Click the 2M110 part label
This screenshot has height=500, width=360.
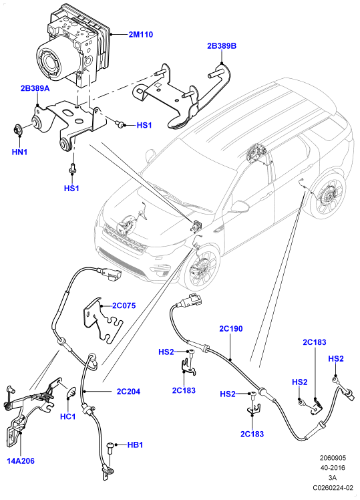pos(140,34)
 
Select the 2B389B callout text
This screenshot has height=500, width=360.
pos(222,46)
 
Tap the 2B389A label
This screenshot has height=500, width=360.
pos(35,88)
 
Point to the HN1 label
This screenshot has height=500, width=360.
pos(20,152)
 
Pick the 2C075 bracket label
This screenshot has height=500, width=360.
pos(124,305)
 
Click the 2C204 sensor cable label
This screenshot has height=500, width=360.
pos(128,391)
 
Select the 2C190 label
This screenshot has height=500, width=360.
pos(231,328)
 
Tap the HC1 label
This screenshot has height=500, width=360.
pos(68,416)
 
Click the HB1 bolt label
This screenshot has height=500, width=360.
pos(135,445)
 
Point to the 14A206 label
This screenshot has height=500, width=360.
pos(21,461)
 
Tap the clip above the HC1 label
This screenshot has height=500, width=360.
pos(71,392)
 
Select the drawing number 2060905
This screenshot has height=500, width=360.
pos(333,458)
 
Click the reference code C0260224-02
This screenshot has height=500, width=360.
pos(333,487)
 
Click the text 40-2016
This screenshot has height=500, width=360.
pos(333,468)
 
